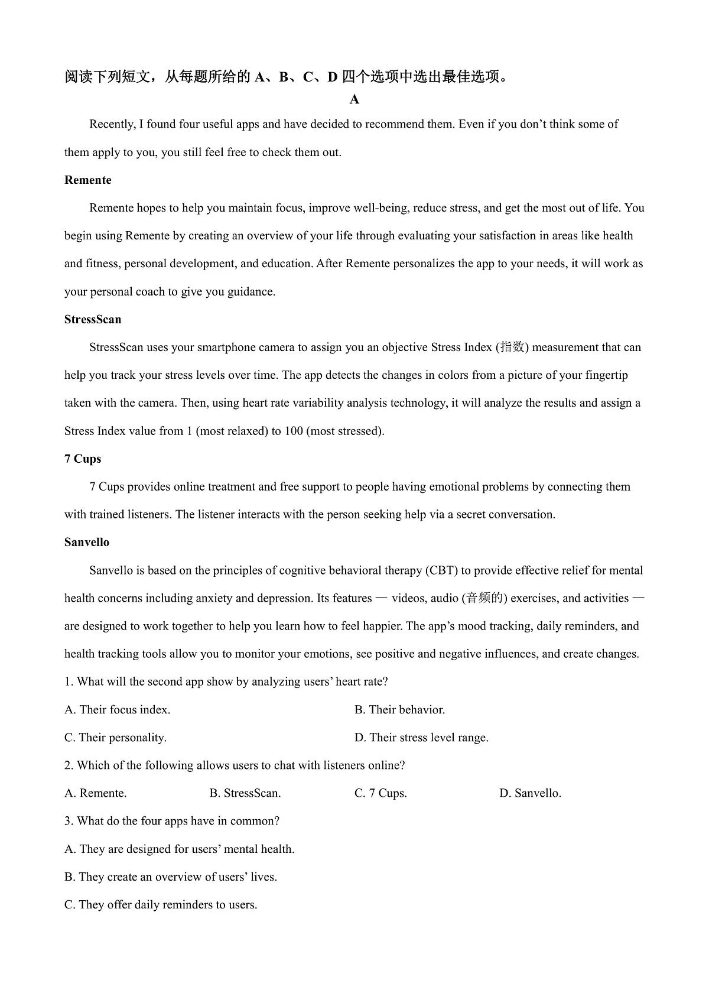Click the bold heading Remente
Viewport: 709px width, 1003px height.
(87, 180)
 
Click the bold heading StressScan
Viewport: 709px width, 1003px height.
(93, 320)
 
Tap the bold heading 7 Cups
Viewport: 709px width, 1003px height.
(83, 459)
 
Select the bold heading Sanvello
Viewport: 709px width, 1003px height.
(87, 543)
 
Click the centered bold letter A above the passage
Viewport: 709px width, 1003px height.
(354, 100)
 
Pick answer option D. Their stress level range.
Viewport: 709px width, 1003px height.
(421, 738)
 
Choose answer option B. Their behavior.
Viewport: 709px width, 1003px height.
(399, 710)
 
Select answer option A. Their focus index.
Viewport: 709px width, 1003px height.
(117, 710)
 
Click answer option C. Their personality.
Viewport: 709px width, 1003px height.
(115, 738)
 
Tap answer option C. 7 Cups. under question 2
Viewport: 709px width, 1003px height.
(380, 793)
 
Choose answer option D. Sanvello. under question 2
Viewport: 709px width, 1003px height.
(530, 793)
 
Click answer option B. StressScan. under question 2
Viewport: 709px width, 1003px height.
(245, 793)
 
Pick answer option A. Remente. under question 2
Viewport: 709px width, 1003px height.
(96, 793)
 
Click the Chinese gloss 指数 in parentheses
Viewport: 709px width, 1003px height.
(512, 348)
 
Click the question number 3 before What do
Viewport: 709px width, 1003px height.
(68, 822)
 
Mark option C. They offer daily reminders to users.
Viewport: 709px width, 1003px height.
(161, 905)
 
